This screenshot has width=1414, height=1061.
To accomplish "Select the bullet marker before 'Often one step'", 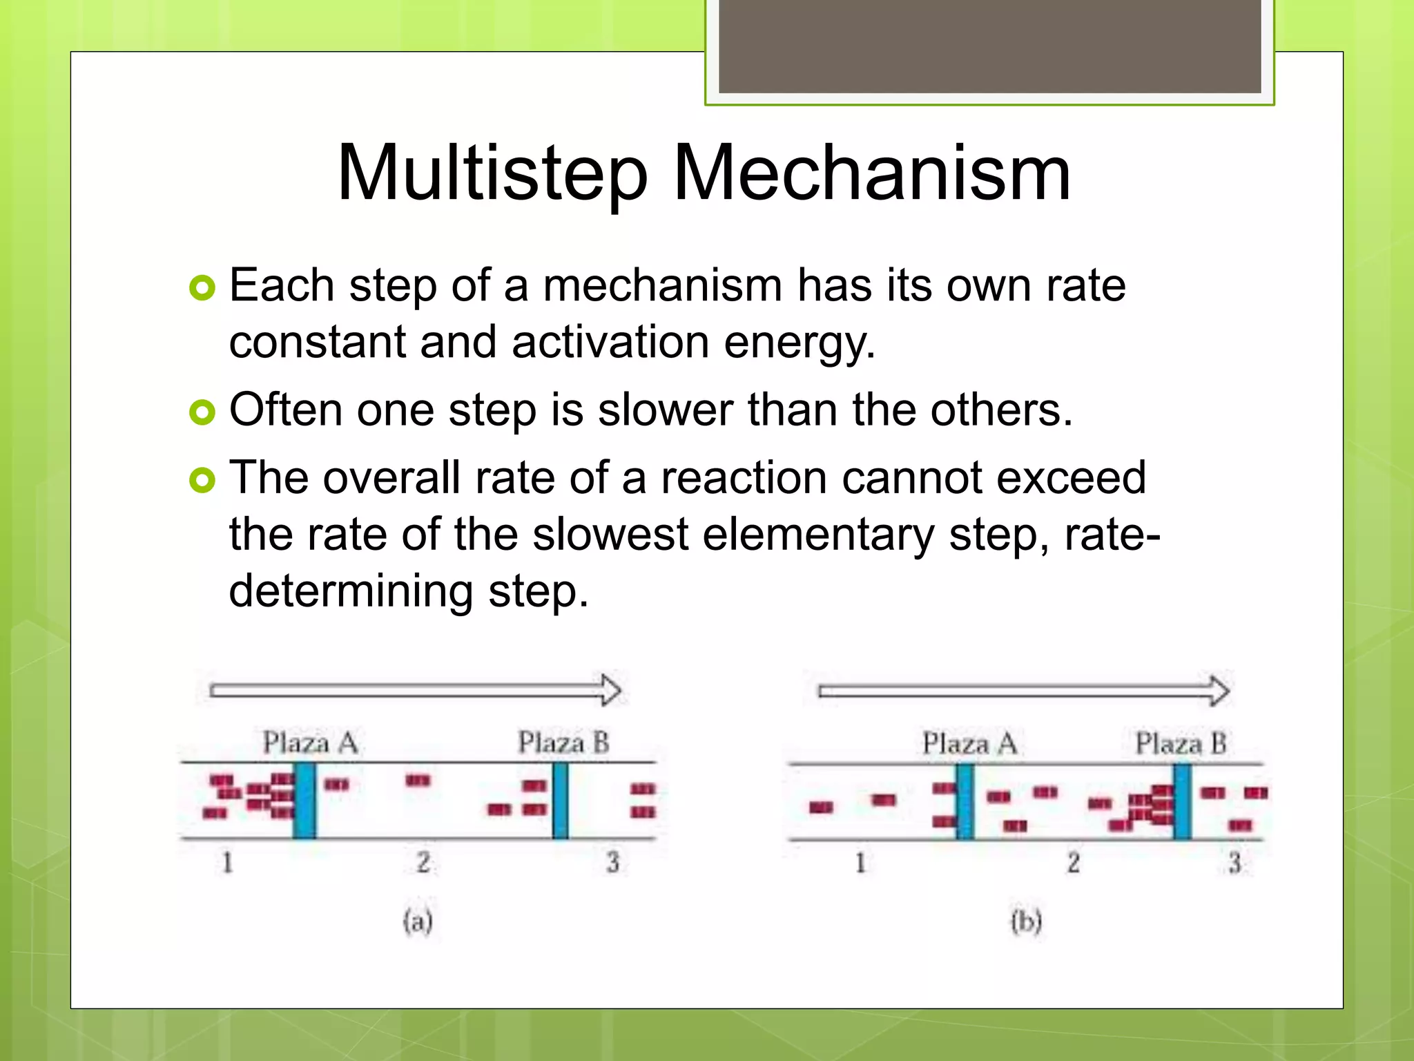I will (202, 412).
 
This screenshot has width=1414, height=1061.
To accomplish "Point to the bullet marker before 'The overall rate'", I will (202, 480).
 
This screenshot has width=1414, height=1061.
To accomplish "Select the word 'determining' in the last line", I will (351, 591).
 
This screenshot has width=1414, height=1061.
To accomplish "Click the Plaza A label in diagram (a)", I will (310, 743).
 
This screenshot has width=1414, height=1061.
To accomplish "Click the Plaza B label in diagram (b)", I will (1181, 744).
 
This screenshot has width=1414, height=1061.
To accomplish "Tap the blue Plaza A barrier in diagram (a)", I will (304, 801).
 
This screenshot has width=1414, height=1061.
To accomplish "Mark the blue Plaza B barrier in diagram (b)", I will (1182, 801).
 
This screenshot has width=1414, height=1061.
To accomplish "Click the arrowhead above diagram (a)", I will (610, 690).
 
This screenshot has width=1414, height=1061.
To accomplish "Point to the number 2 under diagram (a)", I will (423, 862).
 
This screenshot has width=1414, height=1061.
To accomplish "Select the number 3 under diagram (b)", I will (1234, 863).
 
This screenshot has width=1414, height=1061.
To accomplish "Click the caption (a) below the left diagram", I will (418, 921).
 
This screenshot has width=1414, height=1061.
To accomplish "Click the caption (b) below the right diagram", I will (1026, 922).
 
